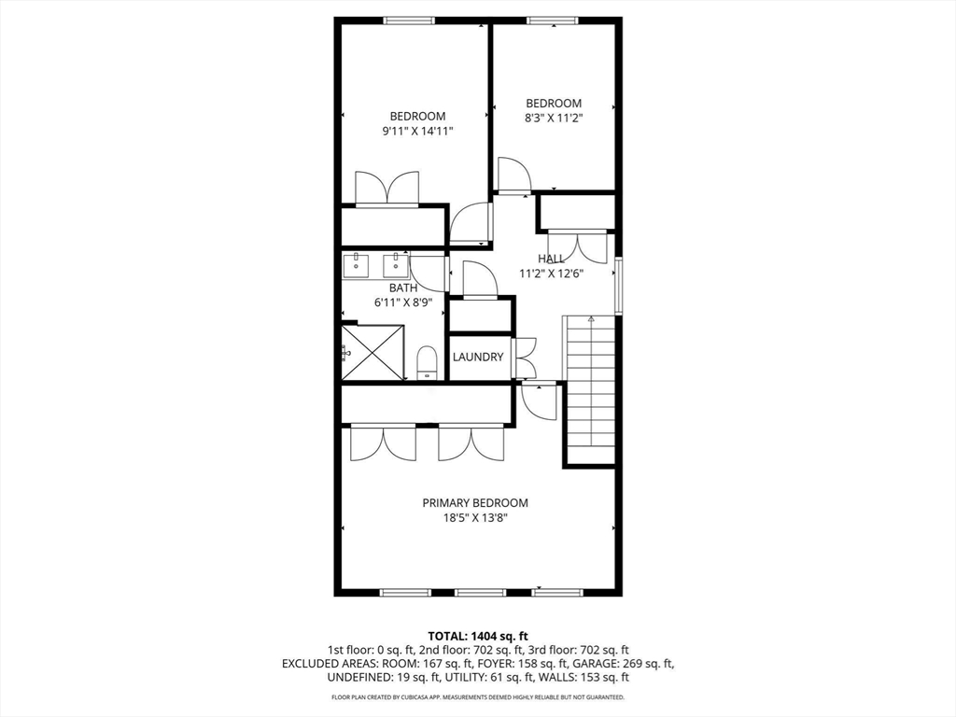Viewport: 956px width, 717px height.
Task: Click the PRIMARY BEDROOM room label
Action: [474, 502]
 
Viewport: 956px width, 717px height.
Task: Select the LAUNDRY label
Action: [478, 357]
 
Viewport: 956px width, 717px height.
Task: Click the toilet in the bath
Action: [427, 362]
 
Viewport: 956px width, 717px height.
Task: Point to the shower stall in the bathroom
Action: [373, 352]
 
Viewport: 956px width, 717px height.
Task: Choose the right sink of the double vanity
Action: [396, 265]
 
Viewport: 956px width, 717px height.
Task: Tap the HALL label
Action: [551, 259]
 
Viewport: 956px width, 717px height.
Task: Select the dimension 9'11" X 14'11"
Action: [417, 132]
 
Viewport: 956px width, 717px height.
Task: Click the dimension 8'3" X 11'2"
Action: [554, 119]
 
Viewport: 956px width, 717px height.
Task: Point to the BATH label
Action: [403, 288]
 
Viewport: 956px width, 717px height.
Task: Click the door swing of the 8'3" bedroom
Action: [513, 176]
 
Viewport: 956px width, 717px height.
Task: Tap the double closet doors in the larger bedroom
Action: [387, 189]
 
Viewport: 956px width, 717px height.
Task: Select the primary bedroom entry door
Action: [539, 400]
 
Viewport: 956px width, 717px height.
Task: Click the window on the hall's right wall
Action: [617, 287]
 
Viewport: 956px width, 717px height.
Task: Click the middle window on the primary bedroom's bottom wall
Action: [480, 592]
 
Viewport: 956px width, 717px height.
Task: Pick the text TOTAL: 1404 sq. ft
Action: [477, 636]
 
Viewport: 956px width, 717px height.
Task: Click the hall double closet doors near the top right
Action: [577, 245]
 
